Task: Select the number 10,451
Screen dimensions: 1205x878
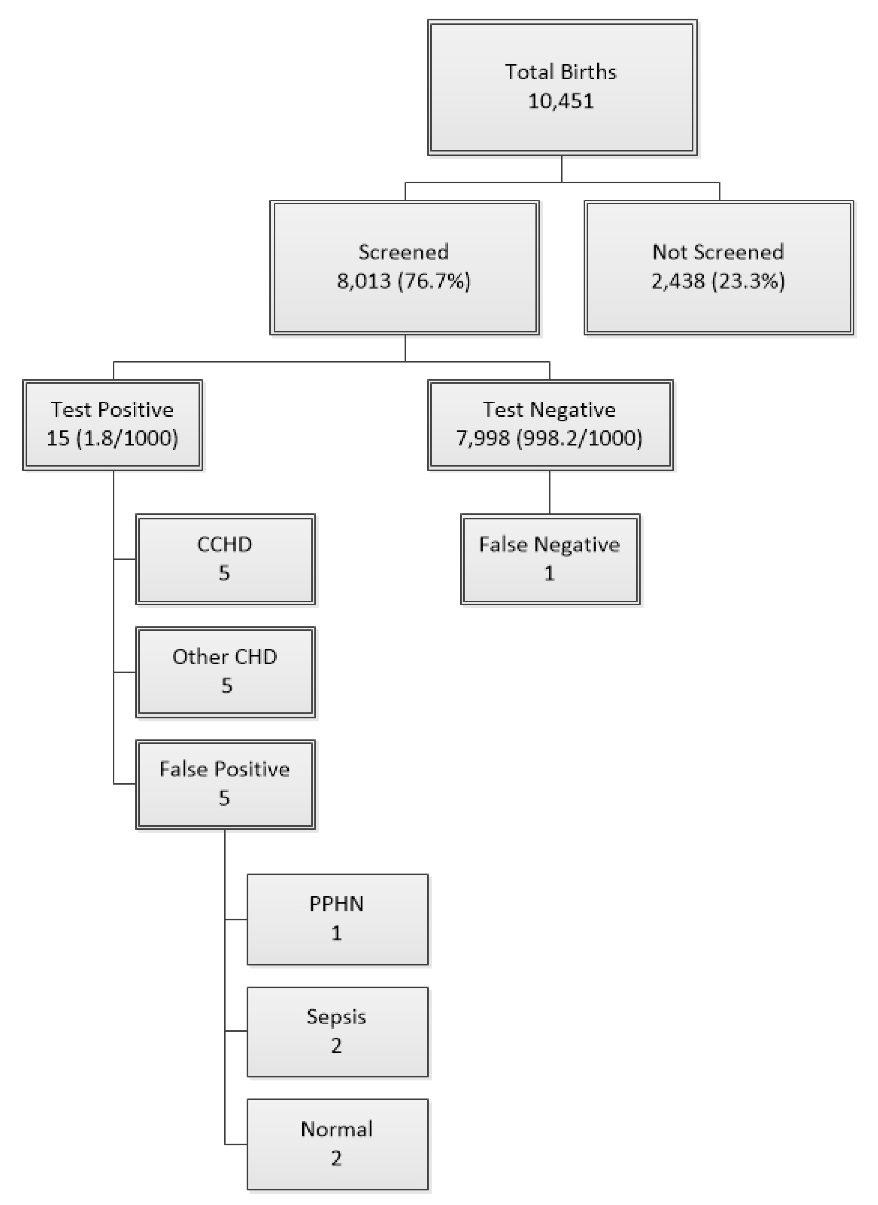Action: [x=561, y=101]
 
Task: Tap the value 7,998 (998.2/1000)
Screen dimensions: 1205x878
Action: [x=549, y=438]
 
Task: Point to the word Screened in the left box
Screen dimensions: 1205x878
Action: [x=403, y=252]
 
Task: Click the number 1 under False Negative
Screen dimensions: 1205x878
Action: [x=549, y=573]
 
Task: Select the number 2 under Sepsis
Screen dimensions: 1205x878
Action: [x=337, y=1046]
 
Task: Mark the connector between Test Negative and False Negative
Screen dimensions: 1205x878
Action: [x=549, y=492]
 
